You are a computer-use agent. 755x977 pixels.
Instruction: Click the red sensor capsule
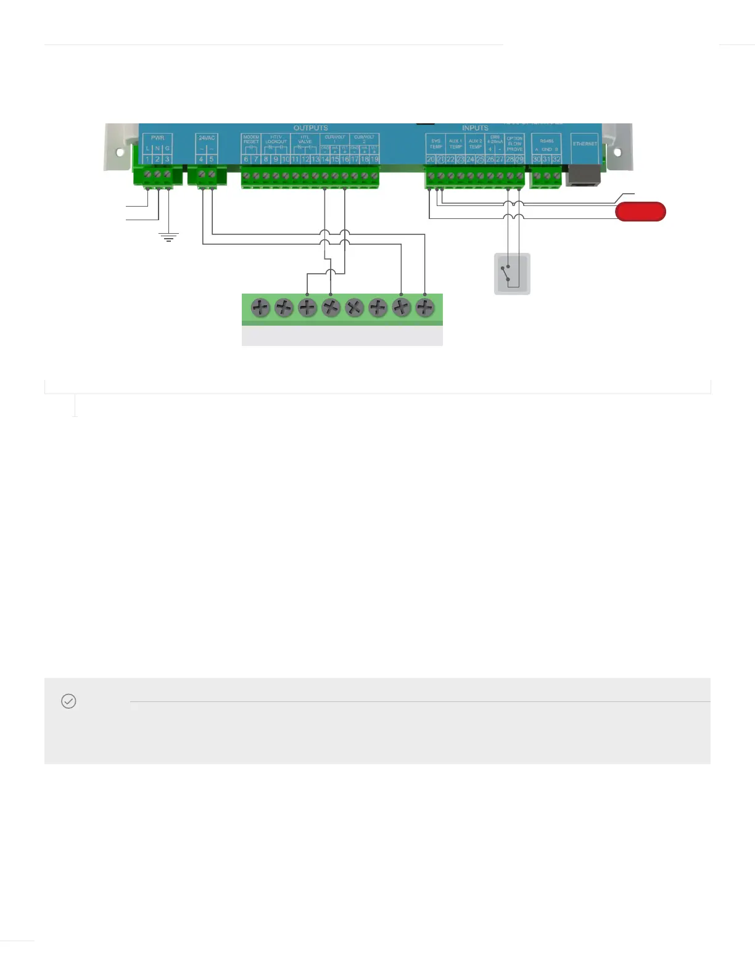point(640,212)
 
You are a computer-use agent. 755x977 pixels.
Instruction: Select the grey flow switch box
point(512,274)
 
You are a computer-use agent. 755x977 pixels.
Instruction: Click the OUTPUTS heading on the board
point(310,128)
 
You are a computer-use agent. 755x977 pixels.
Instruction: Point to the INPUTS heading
point(475,128)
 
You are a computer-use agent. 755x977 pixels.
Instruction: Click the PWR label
point(157,138)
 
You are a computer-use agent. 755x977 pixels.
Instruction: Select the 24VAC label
point(207,138)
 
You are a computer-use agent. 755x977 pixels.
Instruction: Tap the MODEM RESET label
point(251,139)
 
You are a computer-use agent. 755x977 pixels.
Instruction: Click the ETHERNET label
point(585,144)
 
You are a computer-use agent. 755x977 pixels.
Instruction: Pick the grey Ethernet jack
point(584,175)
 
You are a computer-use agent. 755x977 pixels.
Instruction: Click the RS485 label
point(547,141)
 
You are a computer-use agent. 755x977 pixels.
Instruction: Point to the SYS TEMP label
point(436,144)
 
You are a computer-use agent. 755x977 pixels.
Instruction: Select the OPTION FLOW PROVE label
point(514,144)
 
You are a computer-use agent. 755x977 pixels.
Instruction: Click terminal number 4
point(201,159)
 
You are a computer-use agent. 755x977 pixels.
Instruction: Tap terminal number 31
point(547,159)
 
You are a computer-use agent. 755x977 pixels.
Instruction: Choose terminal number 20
point(431,159)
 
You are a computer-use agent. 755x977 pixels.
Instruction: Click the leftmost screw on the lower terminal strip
point(260,307)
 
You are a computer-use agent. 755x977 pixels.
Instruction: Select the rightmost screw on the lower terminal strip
point(425,307)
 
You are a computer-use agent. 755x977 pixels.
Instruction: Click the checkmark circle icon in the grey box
point(68,701)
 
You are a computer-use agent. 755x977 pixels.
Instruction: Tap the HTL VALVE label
point(305,139)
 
